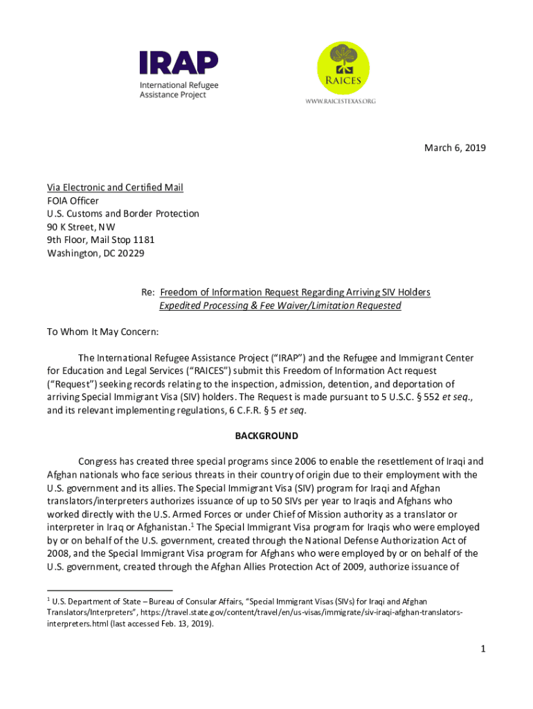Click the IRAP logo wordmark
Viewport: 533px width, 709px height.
179,63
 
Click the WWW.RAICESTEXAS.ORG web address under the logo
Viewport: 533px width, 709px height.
341,101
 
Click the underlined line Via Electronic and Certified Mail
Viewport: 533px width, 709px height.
115,188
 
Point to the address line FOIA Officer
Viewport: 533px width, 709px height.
73,201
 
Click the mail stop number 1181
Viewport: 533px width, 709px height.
141,240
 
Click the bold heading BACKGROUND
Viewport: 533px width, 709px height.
266,436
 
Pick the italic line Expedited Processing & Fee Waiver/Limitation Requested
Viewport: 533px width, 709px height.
280,305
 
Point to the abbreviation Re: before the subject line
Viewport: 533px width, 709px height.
147,292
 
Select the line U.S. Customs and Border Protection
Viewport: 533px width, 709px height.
123,213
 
